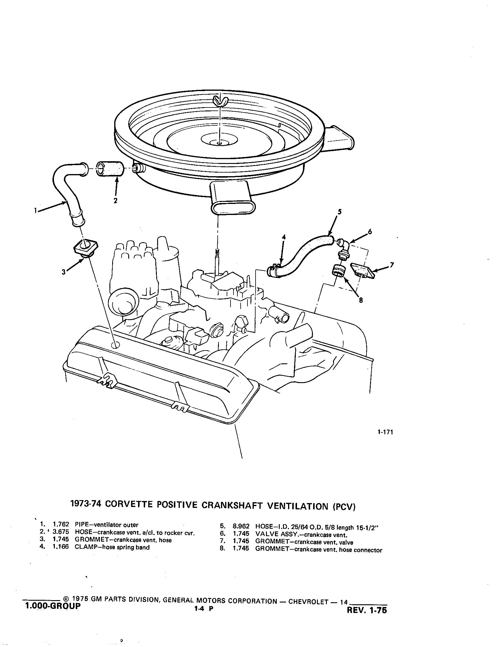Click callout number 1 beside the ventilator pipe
pyautogui.click(x=35, y=211)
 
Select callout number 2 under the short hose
pyautogui.click(x=115, y=201)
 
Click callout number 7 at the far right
pyautogui.click(x=392, y=265)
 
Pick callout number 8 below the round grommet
pyautogui.click(x=361, y=300)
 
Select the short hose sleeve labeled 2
pyautogui.click(x=110, y=169)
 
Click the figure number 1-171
pyautogui.click(x=385, y=432)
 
